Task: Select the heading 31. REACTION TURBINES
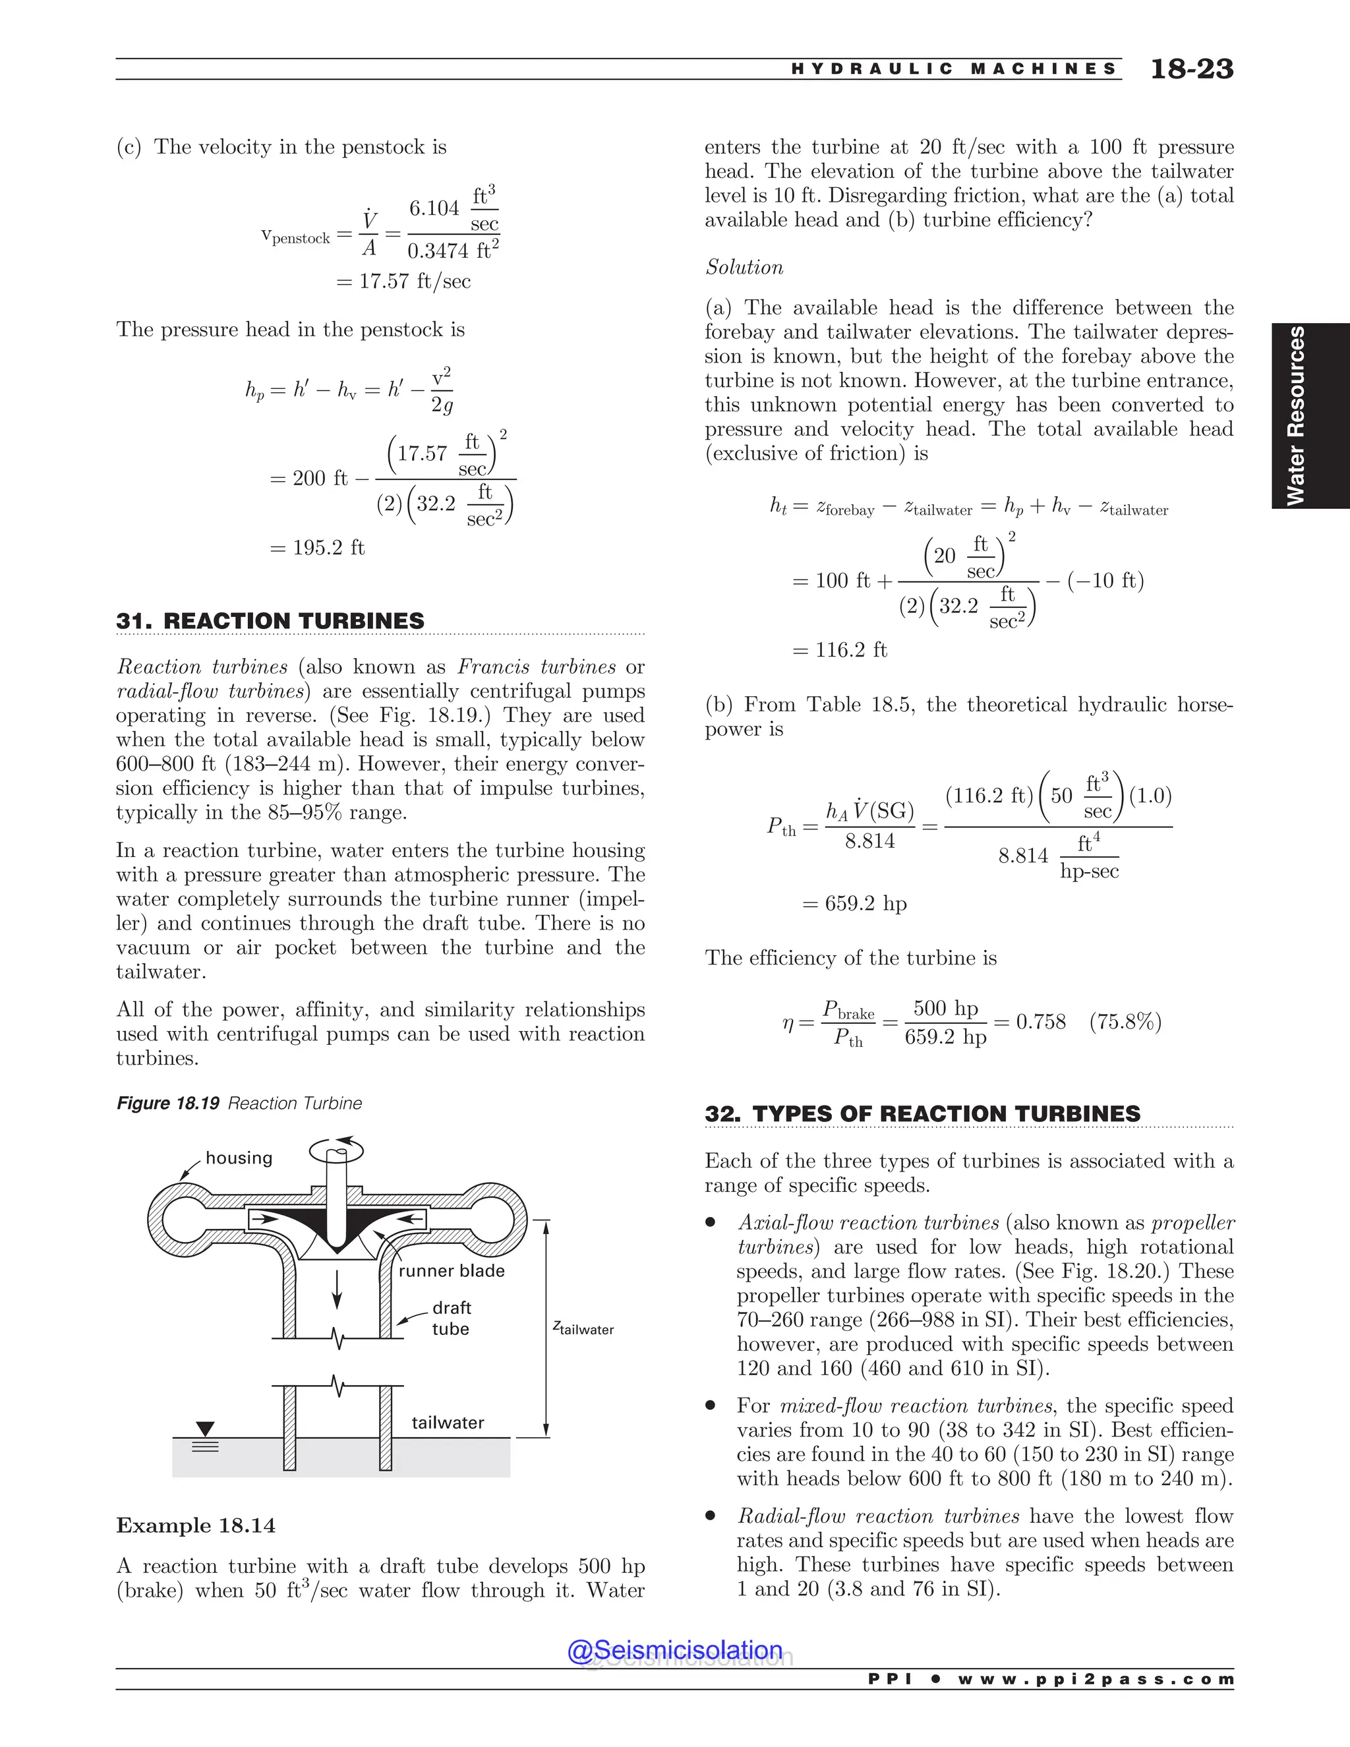click(x=270, y=621)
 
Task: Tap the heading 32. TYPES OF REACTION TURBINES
click(x=922, y=1113)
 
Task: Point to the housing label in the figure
click(x=239, y=1158)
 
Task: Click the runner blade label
click(x=451, y=1270)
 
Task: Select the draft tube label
click(x=451, y=1317)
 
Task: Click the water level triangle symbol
click(x=206, y=1429)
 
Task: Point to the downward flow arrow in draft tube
click(x=337, y=1289)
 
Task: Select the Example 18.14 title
click(x=196, y=1525)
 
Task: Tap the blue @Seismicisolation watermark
click(x=675, y=1650)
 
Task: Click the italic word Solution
click(x=744, y=267)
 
